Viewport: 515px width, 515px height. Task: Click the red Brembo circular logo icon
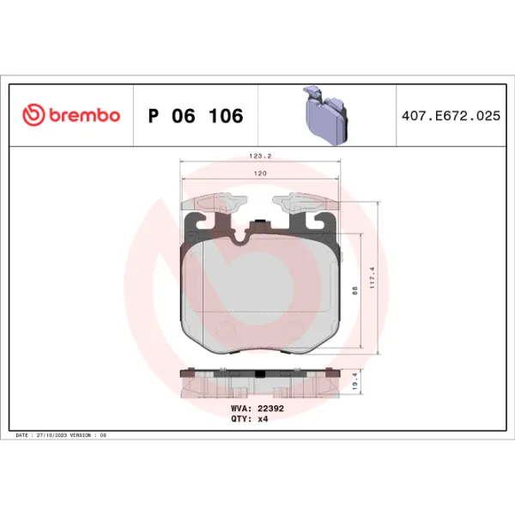pos(33,115)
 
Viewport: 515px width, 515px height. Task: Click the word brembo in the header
pos(85,115)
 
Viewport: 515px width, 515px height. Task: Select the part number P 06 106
pos(196,116)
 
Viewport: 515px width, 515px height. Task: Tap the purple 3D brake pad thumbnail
pos(326,115)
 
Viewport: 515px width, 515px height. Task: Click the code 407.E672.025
pos(451,116)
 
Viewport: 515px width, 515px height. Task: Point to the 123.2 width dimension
pos(260,156)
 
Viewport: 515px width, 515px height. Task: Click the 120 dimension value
pos(260,173)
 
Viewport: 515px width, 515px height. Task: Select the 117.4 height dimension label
pos(373,278)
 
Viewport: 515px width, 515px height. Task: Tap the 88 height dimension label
pos(354,291)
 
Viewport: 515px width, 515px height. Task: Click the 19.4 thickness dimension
pos(355,382)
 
